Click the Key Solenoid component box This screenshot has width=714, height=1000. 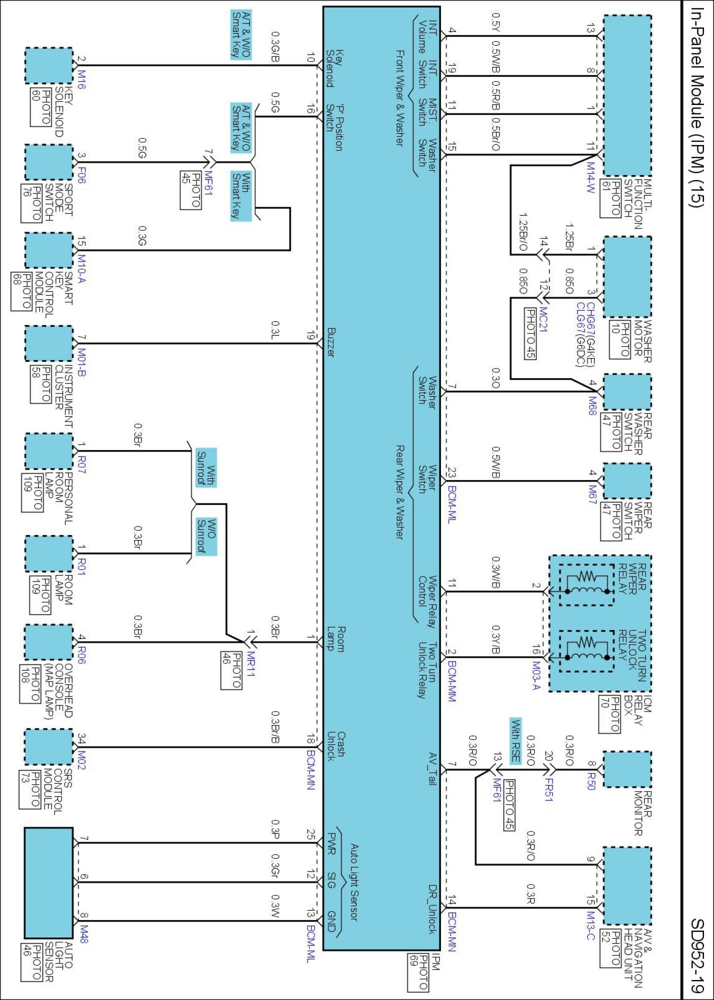tap(49, 65)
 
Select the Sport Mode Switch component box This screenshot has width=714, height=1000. tap(49, 162)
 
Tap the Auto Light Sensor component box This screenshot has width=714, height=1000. tap(49, 882)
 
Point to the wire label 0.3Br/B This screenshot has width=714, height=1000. tap(275, 727)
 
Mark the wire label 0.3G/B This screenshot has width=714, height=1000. tap(275, 46)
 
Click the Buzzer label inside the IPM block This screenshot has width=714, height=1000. tap(331, 342)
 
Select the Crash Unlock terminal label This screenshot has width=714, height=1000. tap(336, 746)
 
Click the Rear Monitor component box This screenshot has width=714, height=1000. tap(627, 769)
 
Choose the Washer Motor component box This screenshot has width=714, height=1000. tap(627, 276)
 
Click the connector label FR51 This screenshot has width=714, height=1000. tap(548, 789)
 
